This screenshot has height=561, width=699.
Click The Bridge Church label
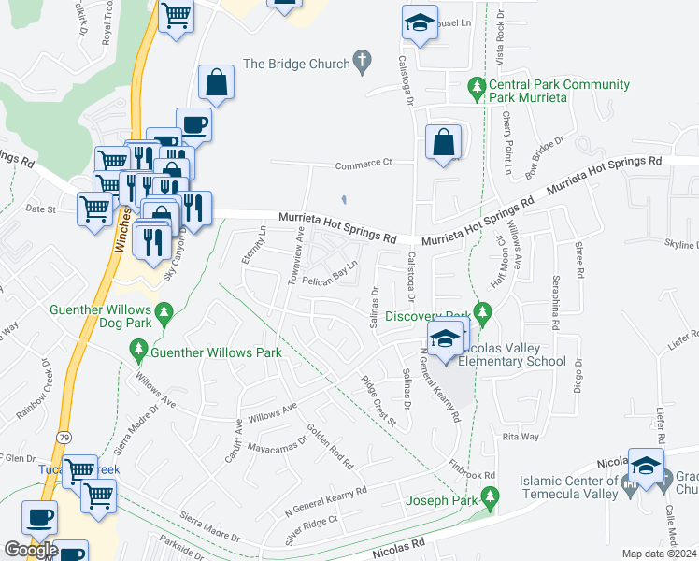[x=295, y=64]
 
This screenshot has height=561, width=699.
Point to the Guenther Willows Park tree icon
[x=139, y=352]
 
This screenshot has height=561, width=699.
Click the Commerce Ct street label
[x=364, y=164]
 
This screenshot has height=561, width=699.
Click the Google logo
[x=32, y=550]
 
